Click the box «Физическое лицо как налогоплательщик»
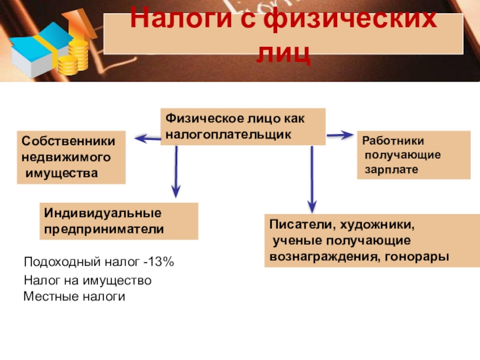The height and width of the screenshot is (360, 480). tap(243, 126)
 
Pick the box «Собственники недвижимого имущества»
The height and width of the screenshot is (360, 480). tap(70, 157)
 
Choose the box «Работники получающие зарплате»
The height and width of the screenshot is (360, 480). tap(414, 155)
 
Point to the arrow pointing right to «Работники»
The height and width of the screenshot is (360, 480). tap(340, 135)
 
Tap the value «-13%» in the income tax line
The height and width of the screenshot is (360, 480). tap(158, 262)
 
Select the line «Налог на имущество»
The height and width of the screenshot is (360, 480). tap(87, 280)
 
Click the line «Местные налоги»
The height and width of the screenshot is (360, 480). tap(74, 296)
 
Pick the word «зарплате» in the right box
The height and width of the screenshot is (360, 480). tap(388, 170)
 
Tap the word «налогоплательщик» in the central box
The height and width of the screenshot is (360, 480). tap(229, 134)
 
